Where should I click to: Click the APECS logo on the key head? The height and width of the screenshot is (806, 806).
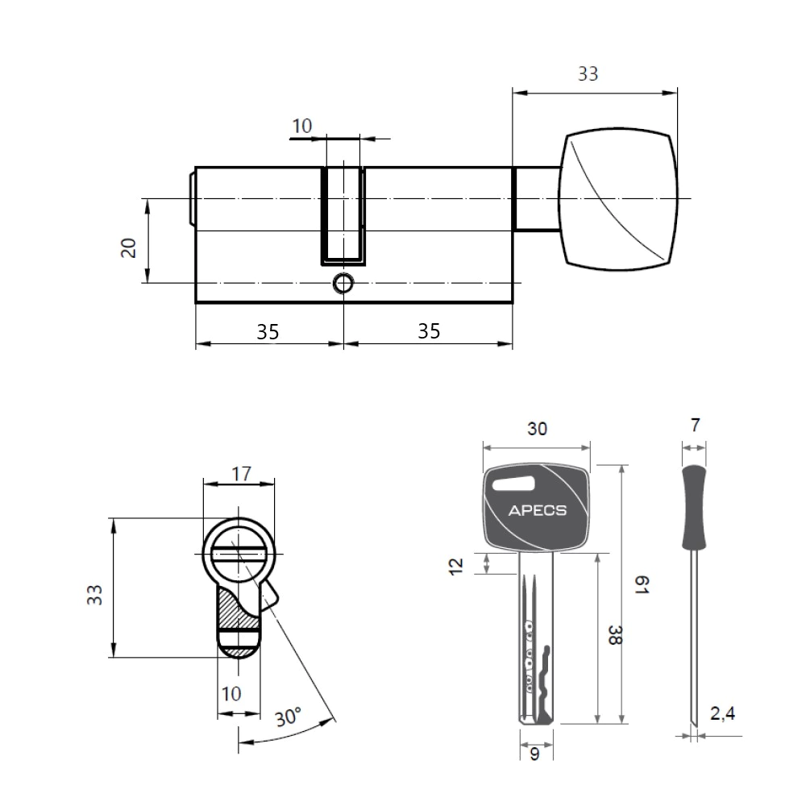coord(537,510)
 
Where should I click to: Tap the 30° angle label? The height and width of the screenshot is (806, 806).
coord(288,717)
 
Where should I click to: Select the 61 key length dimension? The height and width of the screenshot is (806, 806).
coord(642,584)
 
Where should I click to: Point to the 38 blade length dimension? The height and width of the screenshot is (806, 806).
coord(615,635)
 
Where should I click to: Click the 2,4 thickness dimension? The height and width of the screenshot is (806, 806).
coord(722,713)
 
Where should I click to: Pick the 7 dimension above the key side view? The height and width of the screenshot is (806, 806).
coord(695,425)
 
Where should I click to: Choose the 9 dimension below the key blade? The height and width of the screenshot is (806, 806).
coord(534,754)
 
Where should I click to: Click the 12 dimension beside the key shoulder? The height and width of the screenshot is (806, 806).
coord(456,566)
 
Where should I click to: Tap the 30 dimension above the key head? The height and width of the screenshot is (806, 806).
coord(537,429)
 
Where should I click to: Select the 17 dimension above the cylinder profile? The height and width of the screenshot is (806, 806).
coord(241,473)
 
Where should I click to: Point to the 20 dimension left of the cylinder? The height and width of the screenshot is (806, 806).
coord(128,247)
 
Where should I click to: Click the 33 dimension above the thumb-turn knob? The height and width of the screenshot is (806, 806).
coord(588,74)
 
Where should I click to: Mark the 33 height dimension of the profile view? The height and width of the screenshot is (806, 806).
coord(94,595)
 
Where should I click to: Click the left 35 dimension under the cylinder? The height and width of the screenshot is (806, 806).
coord(268,332)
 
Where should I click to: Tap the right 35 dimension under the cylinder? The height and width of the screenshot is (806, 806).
coord(429,331)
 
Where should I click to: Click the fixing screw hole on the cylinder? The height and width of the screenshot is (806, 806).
coord(343,283)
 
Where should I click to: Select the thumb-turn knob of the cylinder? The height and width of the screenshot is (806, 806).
coord(618,199)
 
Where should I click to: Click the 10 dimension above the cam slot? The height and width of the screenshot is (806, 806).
coord(301,126)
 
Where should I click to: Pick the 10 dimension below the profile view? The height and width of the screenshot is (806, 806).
coord(231,694)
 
